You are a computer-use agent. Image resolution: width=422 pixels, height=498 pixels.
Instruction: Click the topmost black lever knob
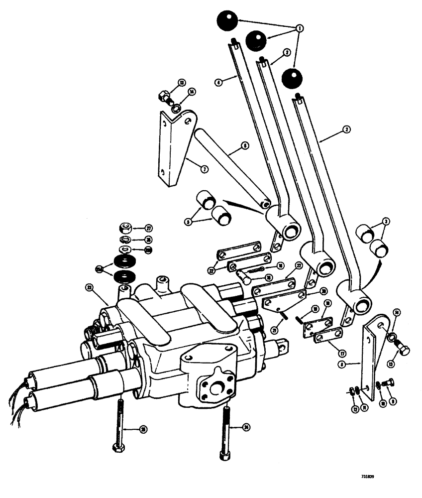coord(226,21)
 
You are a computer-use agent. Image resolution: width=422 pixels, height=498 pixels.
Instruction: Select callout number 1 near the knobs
coord(299,29)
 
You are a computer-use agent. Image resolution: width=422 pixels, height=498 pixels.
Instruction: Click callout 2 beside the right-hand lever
coord(347,129)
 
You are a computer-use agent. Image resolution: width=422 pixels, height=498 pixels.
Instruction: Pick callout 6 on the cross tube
coord(244,146)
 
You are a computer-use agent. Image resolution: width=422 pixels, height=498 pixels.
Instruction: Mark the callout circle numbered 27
coord(148,228)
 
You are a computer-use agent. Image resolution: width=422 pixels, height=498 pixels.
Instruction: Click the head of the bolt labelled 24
coord(225,455)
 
